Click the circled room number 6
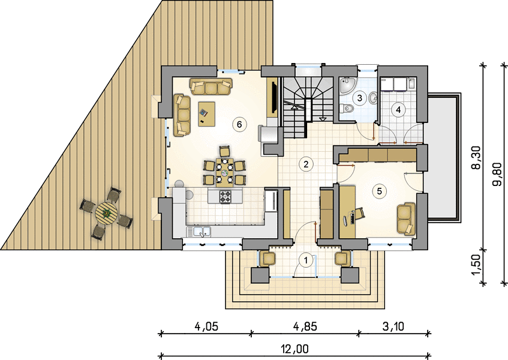(239, 124)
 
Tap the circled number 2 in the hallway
(305, 164)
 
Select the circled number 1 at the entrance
(305, 260)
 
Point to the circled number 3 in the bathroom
(359, 98)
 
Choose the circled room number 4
(398, 110)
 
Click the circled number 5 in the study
(379, 191)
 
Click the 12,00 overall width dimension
(295, 349)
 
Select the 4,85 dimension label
(304, 326)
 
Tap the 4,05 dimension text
(206, 326)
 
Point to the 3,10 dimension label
(393, 326)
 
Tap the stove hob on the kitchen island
(226, 197)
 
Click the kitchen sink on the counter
(199, 232)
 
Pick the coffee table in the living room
(207, 113)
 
